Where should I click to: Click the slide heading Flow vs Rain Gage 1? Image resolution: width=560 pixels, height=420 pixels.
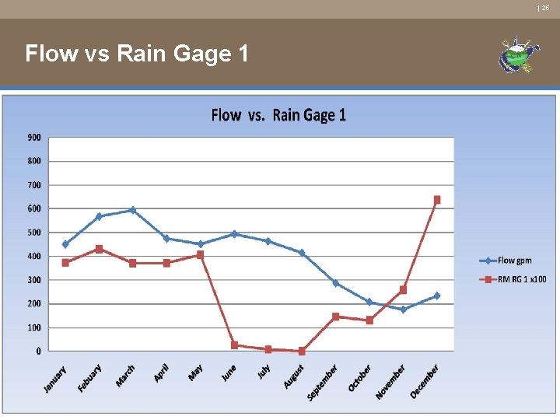137,54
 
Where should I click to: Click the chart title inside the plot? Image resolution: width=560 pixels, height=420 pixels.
278,115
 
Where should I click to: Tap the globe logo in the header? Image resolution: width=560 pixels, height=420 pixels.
519,55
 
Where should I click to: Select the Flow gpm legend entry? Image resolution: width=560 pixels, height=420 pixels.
514,261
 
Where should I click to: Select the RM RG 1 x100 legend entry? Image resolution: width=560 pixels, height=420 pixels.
521,279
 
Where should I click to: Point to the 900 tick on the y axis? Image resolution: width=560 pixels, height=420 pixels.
34,138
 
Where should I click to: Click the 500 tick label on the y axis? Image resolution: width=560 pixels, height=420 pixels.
34,233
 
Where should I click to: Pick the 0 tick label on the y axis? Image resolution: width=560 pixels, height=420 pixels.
38,352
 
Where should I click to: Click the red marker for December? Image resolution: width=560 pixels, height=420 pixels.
437,200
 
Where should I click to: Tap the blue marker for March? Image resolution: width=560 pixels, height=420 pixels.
133,210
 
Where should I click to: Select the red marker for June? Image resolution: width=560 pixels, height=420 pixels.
234,345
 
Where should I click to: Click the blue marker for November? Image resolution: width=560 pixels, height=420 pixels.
403,310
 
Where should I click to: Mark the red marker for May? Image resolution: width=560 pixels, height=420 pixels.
200,254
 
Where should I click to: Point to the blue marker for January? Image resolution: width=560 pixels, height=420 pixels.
65,244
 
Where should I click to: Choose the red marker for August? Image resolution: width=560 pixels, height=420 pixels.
302,351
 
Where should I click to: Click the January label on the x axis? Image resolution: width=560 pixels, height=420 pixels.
55,379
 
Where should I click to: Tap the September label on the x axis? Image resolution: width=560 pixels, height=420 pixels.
322,383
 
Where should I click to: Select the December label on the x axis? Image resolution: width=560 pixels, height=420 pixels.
425,382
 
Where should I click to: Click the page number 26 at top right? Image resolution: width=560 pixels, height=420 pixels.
545,7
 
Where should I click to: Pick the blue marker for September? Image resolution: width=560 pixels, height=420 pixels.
335,283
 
